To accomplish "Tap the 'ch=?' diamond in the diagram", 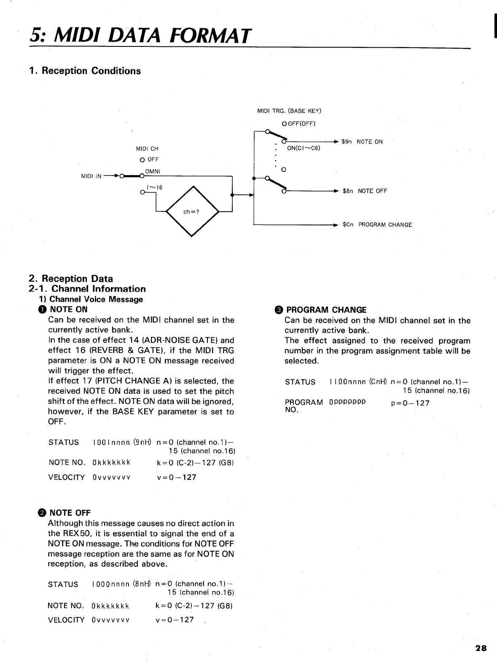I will tap(192, 211).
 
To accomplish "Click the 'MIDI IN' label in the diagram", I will tap(91, 176).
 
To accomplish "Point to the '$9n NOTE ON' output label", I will tap(362, 142).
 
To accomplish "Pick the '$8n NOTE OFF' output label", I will tap(365, 191).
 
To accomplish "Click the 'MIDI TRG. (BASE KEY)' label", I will tap(289, 111).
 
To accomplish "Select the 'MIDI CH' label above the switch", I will tap(147, 149).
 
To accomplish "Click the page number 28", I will tap(481, 648).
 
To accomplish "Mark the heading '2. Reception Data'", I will tap(71, 279).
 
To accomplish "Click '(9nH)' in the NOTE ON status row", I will tap(142, 443).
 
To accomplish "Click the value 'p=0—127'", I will tap(410, 403).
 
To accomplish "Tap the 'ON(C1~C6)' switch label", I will tap(304, 148).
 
